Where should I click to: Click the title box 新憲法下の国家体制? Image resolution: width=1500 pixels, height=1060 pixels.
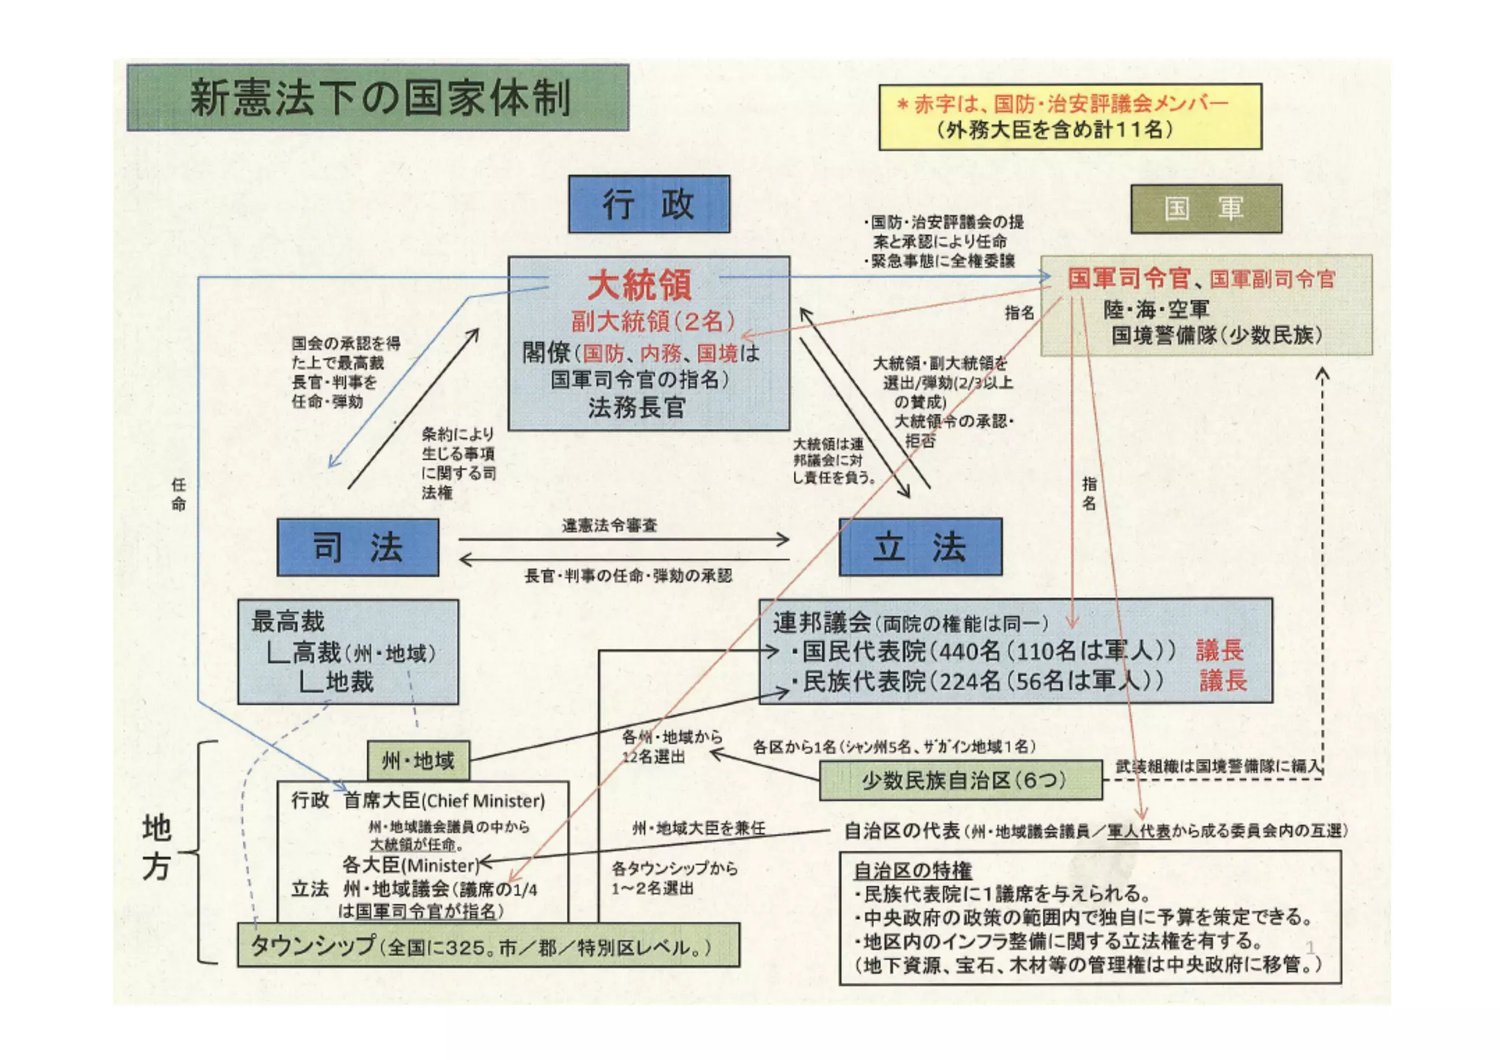377,97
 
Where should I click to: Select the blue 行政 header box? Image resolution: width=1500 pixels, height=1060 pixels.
649,204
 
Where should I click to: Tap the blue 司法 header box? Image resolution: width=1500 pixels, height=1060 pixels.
357,547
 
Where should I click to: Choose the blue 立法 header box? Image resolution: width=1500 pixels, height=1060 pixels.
920,547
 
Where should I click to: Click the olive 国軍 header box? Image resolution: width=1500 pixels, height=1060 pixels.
1206,209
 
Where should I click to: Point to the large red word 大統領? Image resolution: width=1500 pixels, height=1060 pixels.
639,285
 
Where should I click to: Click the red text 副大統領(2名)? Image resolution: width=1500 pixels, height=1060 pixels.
653,321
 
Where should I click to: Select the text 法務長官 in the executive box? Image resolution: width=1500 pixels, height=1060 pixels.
636,407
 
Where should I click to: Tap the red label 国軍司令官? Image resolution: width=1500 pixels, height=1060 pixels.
1128,278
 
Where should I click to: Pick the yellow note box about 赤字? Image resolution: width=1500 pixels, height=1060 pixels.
1070,117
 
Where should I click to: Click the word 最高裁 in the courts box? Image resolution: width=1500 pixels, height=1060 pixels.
288,621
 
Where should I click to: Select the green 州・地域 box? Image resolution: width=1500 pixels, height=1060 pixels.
418,761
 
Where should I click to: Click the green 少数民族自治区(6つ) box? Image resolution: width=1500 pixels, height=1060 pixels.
961,780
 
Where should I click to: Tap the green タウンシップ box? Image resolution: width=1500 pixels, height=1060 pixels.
488,946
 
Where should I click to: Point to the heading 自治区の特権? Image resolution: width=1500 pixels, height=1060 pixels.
913,870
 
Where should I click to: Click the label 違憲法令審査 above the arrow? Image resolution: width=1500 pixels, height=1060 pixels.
609,525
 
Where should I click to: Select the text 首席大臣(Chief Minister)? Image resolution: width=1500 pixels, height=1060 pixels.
444,801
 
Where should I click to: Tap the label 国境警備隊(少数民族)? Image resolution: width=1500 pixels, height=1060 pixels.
1217,336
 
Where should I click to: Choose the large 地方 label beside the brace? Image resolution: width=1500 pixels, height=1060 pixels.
156,848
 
